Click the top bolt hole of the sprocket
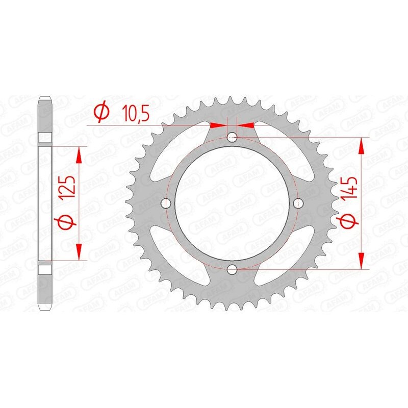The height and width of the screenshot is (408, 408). point(232,137)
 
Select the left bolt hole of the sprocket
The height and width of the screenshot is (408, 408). point(165,203)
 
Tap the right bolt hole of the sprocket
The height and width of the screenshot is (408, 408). point(298,203)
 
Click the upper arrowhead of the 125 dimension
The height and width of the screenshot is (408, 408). point(79,153)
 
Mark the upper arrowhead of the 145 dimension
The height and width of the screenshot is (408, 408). point(362,145)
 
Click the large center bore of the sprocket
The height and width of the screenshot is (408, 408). point(232,203)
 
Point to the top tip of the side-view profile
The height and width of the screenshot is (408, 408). point(45,97)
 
